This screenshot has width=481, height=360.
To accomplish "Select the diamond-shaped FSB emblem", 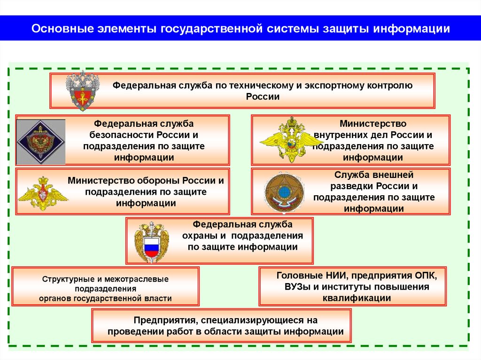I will (40, 142).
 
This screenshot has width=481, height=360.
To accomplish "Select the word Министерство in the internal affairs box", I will (373, 124).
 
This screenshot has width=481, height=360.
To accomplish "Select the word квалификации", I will (357, 298).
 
